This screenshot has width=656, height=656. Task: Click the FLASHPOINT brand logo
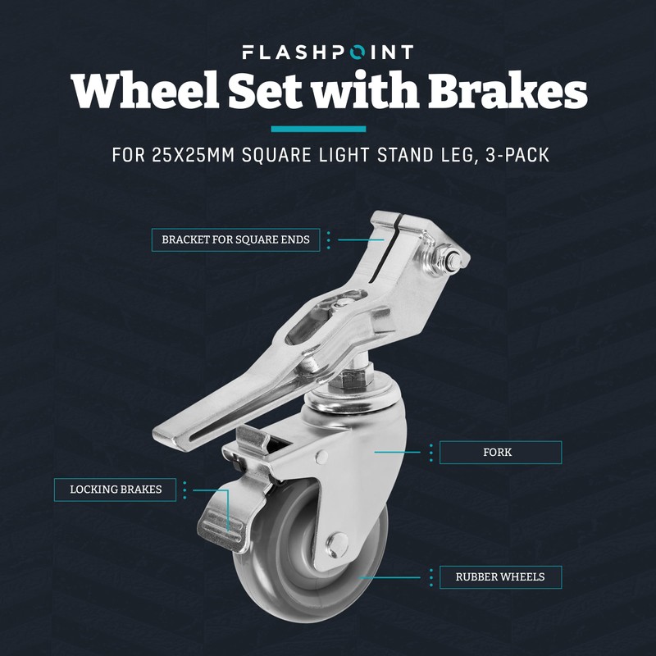[x=328, y=52]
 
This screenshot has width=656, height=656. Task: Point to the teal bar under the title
[x=318, y=129]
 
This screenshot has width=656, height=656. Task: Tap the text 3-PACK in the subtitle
[x=509, y=156]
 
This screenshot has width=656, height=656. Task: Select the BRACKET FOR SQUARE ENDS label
[x=235, y=240]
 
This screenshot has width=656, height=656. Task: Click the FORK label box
[x=500, y=453]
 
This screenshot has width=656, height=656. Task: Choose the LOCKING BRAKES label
[x=116, y=490]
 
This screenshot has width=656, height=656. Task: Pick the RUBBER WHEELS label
[x=500, y=577]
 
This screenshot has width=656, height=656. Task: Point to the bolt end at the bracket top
[x=453, y=258]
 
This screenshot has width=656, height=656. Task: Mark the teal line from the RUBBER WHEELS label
[x=394, y=577]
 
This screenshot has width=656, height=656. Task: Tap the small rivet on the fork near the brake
[x=322, y=456]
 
